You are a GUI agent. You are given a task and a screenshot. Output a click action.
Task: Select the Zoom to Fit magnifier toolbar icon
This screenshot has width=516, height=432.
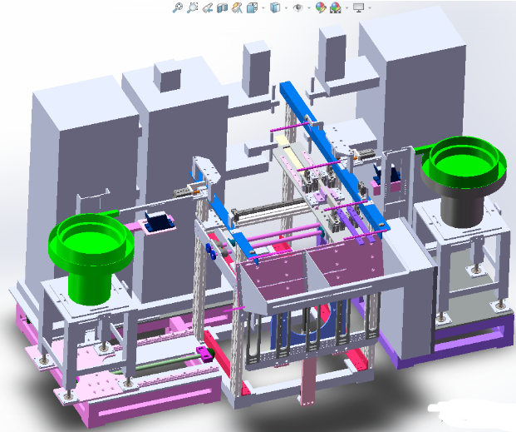177,7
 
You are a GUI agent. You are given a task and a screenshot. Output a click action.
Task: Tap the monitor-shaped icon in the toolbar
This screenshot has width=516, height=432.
358,7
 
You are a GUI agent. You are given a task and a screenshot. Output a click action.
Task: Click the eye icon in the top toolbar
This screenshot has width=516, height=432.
297,7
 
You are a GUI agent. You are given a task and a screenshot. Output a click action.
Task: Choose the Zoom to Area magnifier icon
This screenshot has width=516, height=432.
192,7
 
